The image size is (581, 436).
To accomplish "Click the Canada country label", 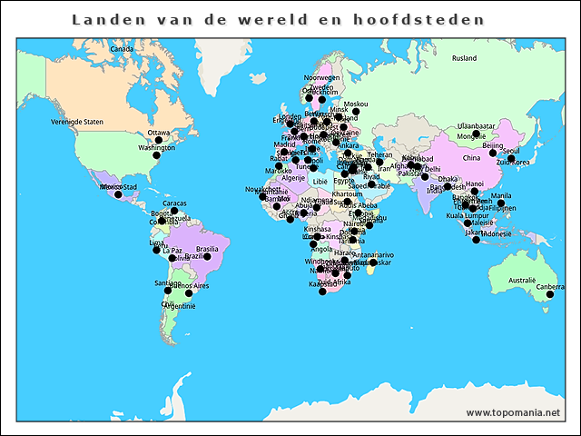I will click(x=121, y=48).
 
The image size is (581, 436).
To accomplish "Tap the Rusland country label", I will click(x=464, y=58).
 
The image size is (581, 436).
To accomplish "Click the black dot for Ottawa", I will click(x=158, y=141).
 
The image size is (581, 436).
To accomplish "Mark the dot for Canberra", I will click(x=550, y=295).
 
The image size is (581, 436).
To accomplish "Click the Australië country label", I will click(x=522, y=280).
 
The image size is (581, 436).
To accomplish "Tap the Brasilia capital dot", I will click(x=207, y=257).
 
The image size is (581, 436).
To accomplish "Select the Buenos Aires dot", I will click(x=189, y=293).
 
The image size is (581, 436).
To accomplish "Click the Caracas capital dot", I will click(x=174, y=212).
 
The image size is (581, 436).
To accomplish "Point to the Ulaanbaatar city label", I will click(x=475, y=125).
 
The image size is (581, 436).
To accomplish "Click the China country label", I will click(x=471, y=158).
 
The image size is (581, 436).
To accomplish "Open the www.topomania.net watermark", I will click(x=513, y=413).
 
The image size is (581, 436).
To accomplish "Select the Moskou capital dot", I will click(x=356, y=113).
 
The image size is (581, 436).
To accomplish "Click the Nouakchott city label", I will click(x=263, y=189).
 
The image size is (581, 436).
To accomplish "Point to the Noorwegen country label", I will click(x=321, y=78).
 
